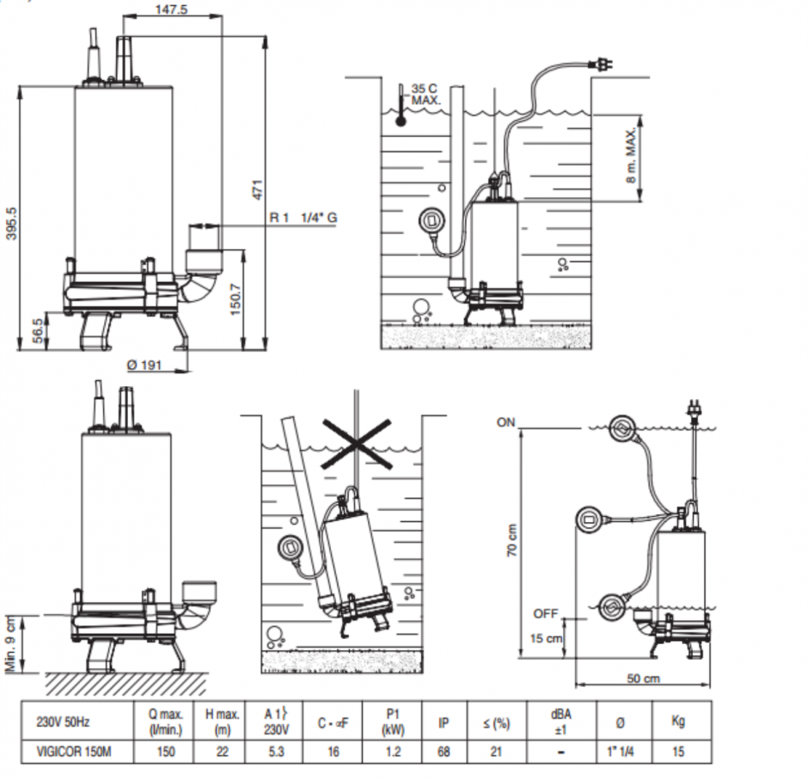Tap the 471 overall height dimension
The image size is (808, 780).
255,191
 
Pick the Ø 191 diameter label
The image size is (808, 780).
144,365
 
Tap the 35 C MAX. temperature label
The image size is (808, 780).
425,95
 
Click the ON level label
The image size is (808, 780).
506,422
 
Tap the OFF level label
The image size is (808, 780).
545,613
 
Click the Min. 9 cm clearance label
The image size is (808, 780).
11,642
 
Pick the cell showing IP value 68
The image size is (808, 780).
444,751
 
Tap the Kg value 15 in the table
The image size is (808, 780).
677,751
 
